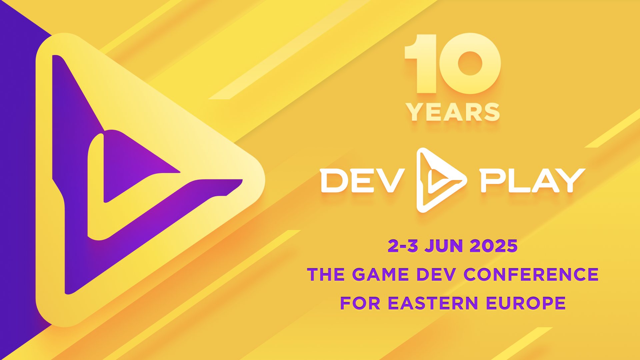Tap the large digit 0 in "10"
click(x=470, y=63)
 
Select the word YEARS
click(x=453, y=112)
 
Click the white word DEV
click(x=362, y=180)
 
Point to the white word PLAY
click(x=533, y=180)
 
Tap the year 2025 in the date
click(x=494, y=246)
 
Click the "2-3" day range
click(x=403, y=246)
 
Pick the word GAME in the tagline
click(x=380, y=275)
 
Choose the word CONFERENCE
click(x=531, y=275)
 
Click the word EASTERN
click(x=433, y=303)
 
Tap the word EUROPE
click(x=526, y=303)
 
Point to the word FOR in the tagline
click(x=360, y=303)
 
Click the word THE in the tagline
click(x=326, y=275)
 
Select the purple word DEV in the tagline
click(x=436, y=275)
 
